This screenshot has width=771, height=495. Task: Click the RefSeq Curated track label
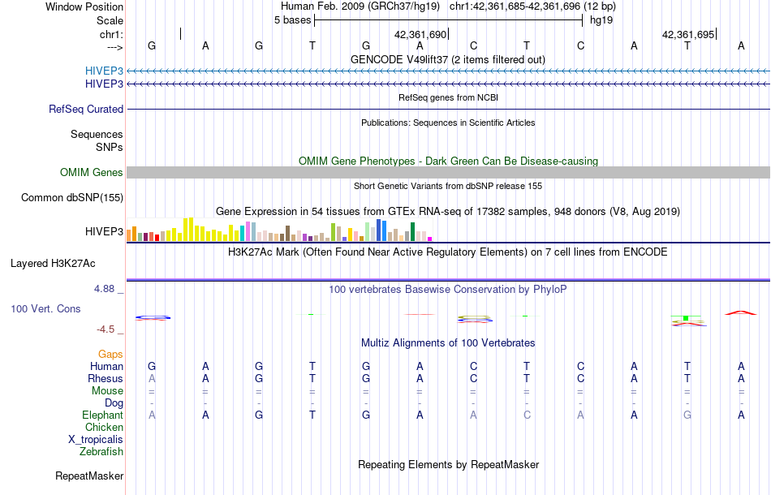[86, 109]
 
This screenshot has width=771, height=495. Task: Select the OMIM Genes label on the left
[92, 172]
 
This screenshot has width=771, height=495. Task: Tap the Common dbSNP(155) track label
[72, 197]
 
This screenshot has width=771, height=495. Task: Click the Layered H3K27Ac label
[53, 263]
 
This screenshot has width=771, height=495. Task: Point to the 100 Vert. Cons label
[45, 309]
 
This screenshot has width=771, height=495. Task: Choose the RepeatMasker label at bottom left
[89, 476]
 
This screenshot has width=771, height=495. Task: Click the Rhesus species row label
[106, 378]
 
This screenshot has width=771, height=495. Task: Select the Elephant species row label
[103, 415]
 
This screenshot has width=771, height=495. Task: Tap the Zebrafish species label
[101, 451]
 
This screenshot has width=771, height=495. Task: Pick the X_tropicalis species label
[96, 439]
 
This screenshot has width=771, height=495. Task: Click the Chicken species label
[105, 427]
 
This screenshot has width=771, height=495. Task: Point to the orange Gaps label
[110, 354]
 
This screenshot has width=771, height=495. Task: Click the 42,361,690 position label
[420, 35]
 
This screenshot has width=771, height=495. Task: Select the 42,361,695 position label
[688, 35]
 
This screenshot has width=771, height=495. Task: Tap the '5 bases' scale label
[292, 19]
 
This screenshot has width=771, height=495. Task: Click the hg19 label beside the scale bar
[601, 19]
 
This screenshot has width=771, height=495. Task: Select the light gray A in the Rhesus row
[152, 378]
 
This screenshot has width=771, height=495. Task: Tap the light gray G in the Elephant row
[687, 415]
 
